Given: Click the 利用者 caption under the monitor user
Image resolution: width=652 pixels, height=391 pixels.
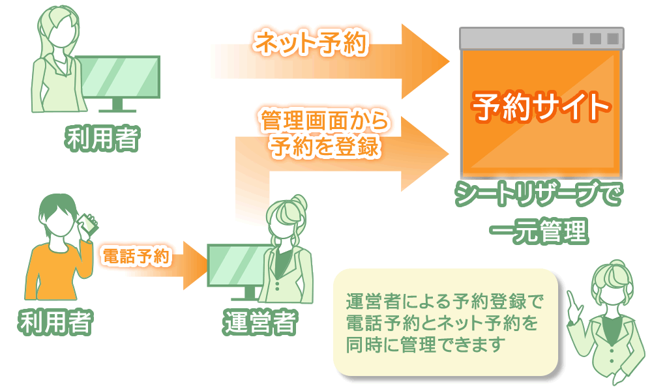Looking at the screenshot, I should click(x=102, y=138).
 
